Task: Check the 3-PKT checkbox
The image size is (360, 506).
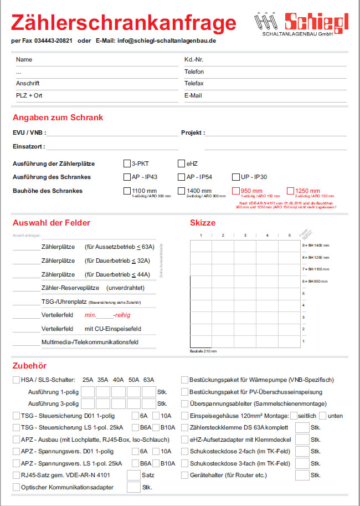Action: [x=127, y=163]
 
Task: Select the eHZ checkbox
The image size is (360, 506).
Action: [x=181, y=163]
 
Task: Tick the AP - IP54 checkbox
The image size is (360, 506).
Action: [x=181, y=177]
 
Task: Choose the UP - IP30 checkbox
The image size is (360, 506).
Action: [x=235, y=177]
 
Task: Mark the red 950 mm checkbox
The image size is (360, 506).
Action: [x=235, y=191]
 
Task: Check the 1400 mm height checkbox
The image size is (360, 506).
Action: [x=181, y=191]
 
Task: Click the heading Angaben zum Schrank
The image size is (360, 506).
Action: [x=58, y=117]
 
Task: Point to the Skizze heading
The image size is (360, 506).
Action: [x=203, y=223]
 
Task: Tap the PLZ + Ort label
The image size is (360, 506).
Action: [x=29, y=95]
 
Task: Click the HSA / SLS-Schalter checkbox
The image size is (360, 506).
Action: [x=16, y=380]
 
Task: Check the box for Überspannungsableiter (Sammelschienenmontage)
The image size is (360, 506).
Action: [x=185, y=404]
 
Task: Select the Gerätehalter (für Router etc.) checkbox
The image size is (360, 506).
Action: [x=185, y=475]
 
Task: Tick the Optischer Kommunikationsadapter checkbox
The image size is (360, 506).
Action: [x=16, y=487]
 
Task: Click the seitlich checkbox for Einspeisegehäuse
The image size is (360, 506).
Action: [x=294, y=416]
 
